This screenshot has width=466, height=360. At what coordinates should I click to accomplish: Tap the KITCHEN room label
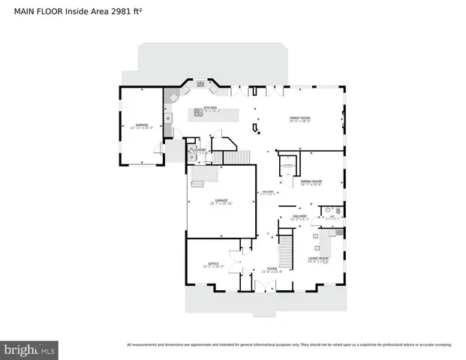pos(209,109)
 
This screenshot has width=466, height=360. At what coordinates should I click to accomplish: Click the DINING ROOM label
pos(311,182)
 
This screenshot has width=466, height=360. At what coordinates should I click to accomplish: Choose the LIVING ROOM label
pos(318,259)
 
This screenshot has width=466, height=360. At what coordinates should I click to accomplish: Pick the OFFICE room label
pos(213,264)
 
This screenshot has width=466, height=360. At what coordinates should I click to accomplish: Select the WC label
pos(332,217)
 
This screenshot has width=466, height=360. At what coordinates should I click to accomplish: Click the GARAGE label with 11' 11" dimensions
pos(141,126)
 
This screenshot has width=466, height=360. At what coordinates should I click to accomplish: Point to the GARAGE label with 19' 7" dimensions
pos(221,201)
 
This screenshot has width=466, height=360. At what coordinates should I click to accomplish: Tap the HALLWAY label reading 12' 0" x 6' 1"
pos(299,217)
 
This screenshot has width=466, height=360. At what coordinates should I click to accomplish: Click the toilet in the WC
pos(338,212)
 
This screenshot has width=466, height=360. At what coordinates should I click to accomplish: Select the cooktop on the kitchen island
pos(199,114)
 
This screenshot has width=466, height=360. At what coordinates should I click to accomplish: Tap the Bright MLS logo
pos(29,349)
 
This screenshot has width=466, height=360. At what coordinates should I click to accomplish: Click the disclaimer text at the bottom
pos(289,345)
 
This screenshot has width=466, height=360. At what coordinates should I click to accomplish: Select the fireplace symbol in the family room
pos(259,133)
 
